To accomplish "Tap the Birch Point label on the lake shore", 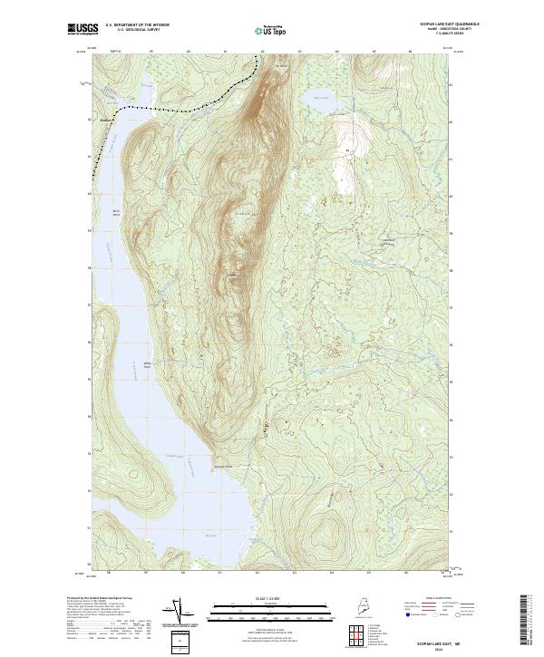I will tap(116, 211).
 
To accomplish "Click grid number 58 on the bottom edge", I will tap(108, 572).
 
